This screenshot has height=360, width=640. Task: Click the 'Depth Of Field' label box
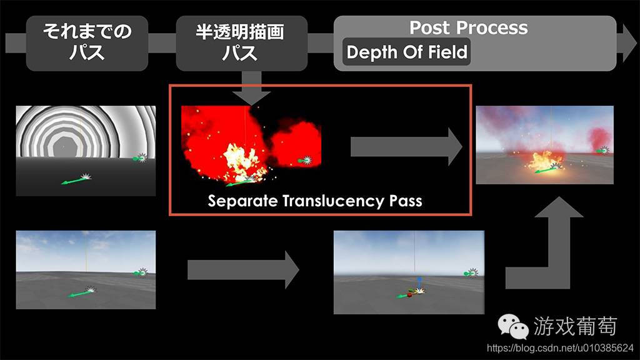click(406, 52)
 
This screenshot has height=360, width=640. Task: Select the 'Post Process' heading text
click(469, 27)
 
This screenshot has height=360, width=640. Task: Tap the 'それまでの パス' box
click(87, 43)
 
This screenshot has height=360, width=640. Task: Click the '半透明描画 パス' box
click(241, 43)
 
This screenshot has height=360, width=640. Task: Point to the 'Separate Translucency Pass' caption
click(315, 201)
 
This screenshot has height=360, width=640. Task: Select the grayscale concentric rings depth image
click(86, 151)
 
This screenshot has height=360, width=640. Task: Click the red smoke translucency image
click(251, 146)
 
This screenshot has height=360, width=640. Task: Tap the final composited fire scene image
click(544, 145)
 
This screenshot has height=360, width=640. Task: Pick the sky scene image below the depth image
click(86, 270)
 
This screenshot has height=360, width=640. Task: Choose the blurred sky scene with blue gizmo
click(409, 272)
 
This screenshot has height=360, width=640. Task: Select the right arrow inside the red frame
click(406, 147)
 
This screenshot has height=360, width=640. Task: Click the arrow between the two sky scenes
click(243, 270)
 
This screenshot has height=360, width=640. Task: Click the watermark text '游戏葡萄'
click(575, 326)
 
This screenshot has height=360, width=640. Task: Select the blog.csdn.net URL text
click(560, 348)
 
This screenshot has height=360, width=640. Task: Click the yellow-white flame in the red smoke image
click(241, 161)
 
